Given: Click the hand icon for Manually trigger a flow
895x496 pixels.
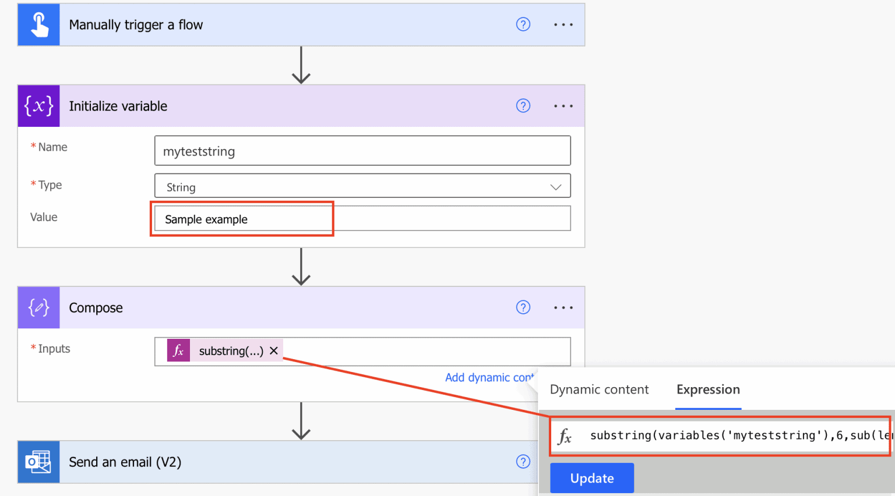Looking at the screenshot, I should click(x=38, y=25).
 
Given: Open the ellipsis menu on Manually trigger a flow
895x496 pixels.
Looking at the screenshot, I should click(x=563, y=25).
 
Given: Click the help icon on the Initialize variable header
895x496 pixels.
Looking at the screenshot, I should click(x=523, y=106).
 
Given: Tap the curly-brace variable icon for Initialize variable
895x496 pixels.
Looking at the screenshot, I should click(x=38, y=106).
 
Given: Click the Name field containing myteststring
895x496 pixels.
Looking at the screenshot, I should click(x=362, y=151).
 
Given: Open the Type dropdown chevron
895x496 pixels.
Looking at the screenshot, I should click(x=555, y=187).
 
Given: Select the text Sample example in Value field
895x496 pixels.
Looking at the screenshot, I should click(x=206, y=219).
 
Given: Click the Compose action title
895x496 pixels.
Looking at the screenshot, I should click(x=96, y=308).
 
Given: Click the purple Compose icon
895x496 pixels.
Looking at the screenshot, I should click(x=38, y=307).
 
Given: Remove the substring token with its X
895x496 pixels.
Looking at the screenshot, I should click(x=274, y=350).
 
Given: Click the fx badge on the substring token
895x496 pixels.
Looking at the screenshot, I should click(x=178, y=350).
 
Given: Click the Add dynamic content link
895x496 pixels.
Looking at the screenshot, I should click(x=488, y=378).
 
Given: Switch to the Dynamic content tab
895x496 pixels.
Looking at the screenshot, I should click(x=598, y=389).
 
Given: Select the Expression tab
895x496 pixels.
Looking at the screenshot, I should click(x=707, y=389).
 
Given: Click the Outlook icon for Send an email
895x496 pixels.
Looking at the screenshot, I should click(x=38, y=462).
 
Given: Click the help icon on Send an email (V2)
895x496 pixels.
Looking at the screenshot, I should click(x=523, y=462).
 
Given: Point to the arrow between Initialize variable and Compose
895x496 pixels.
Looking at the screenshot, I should click(x=301, y=267).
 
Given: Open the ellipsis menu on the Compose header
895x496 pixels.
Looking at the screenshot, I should click(x=563, y=307).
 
